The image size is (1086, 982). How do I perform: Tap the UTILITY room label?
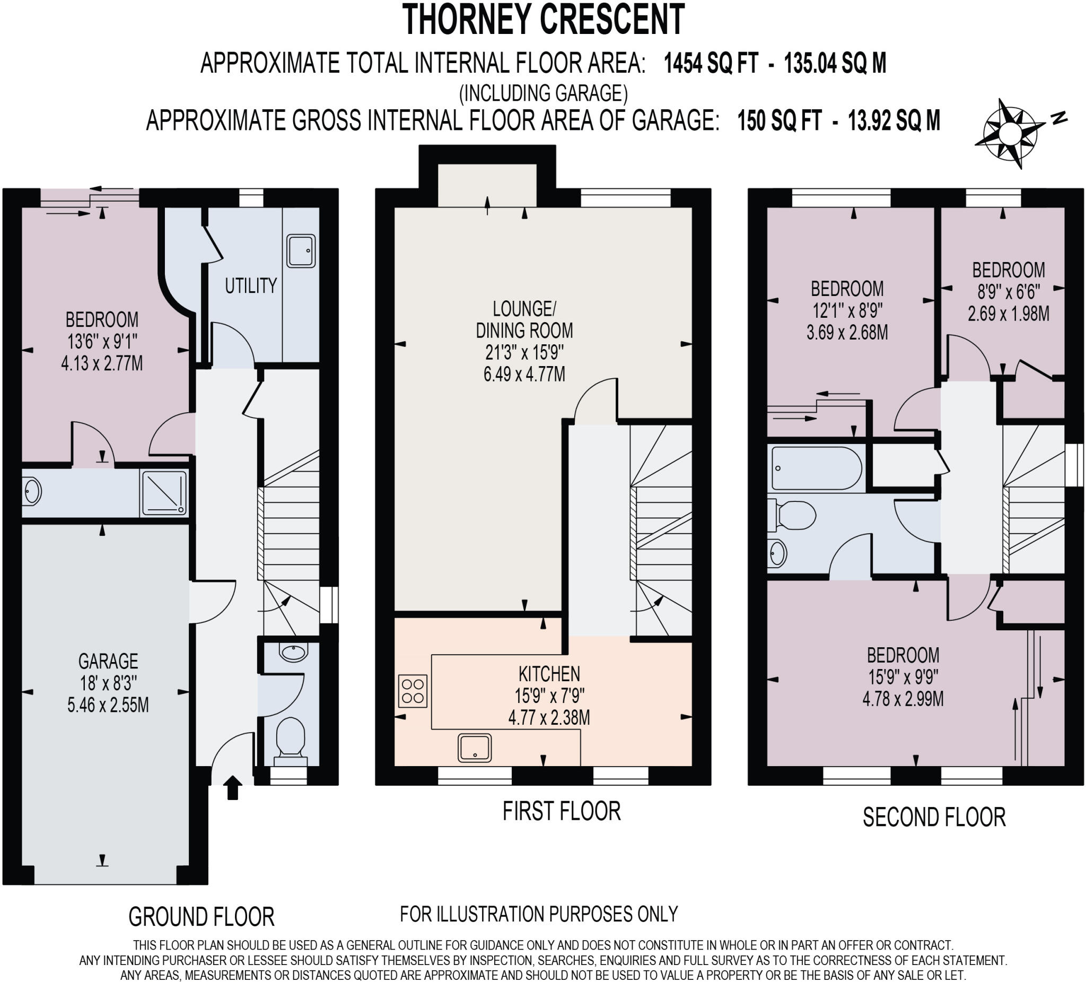(250, 285)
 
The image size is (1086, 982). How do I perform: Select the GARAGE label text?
(108, 661)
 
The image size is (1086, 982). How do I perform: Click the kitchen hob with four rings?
(413, 691)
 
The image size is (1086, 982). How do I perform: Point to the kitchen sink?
(475, 748)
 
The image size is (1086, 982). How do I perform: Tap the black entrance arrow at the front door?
(232, 787)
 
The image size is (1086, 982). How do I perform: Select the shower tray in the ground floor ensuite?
(164, 494)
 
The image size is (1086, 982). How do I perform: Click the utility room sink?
(301, 250)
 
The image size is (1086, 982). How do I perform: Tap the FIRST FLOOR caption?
(562, 811)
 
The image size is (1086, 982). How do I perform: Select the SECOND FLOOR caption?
(934, 817)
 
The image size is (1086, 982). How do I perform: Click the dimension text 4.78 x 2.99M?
(903, 699)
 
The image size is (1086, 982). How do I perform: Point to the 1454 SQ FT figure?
(711, 63)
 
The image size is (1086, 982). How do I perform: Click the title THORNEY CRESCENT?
(544, 20)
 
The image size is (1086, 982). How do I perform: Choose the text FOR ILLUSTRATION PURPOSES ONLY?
(539, 914)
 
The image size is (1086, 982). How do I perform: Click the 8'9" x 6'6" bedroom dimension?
(1009, 292)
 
